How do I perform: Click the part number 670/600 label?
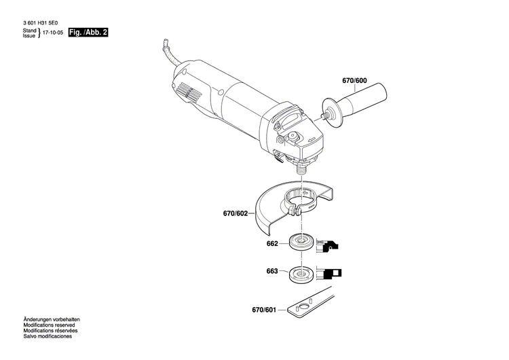pos(354,81)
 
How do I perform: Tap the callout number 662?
pos(272,242)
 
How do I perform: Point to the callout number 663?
pos(272,272)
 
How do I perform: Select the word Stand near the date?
pos(29,31)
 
